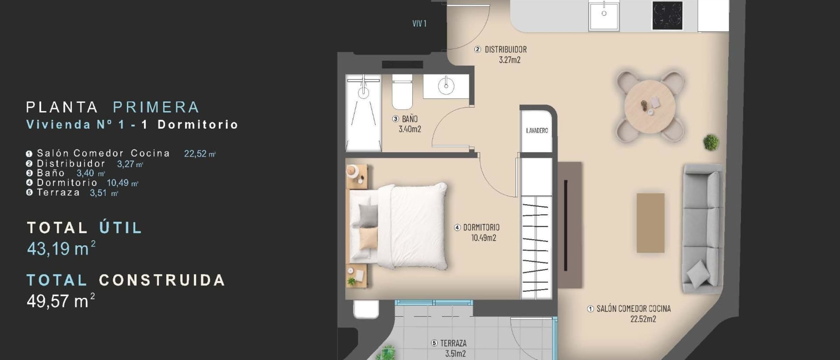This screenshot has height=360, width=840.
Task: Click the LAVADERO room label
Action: coord(537,130)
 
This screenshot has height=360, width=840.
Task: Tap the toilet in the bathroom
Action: coord(402,92)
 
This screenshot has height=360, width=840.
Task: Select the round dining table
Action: coord(650,106)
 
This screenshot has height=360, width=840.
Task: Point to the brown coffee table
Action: coord(650,223)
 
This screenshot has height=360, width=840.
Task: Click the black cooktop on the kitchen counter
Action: coord(667,16)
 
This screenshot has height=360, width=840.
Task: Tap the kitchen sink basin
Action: coord(604,16)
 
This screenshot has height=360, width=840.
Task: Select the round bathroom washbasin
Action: coord(446,85)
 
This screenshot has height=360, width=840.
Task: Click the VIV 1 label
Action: coord(419,23)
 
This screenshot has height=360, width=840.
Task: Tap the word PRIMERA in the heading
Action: coord(156,107)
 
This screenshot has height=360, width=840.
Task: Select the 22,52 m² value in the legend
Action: coord(200,154)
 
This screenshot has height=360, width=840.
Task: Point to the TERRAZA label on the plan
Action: coord(453,343)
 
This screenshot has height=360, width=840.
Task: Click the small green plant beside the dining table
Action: coord(711,142)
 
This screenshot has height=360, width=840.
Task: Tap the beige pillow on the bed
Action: coord(369,238)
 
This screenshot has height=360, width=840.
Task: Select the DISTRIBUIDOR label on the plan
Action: coord(505,49)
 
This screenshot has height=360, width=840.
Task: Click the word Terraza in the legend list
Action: coord(58,192)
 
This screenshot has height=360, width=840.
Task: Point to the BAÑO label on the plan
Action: coord(409,119)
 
